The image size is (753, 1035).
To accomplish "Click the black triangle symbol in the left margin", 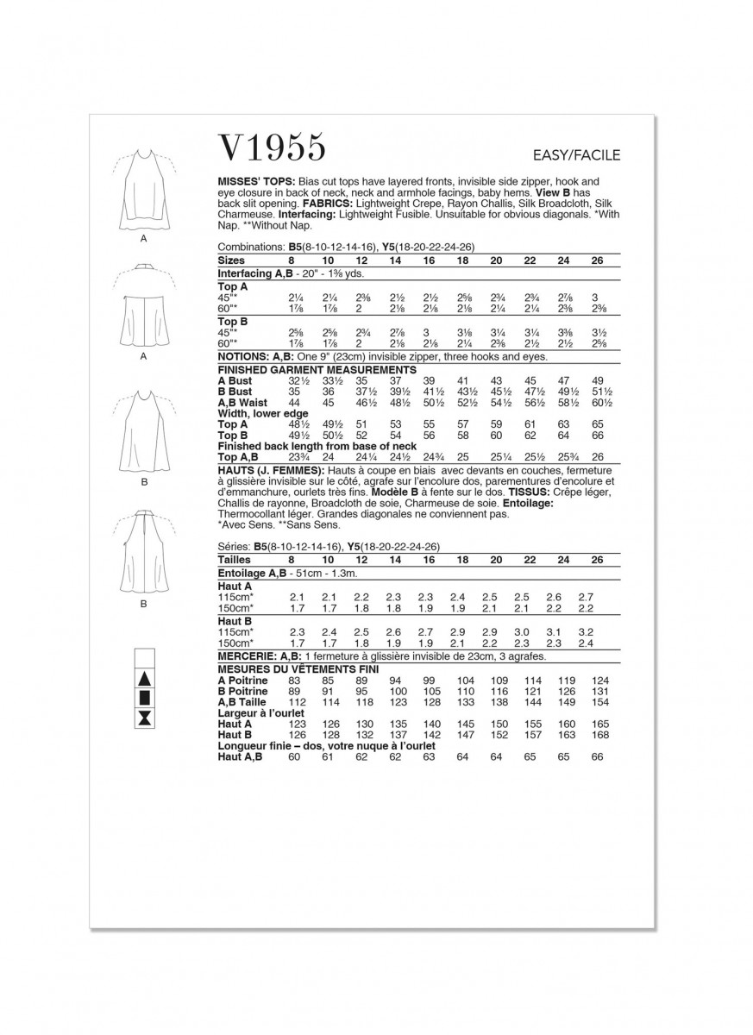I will pyautogui.click(x=145, y=678).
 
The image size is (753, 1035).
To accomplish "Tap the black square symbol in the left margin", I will pyautogui.click(x=145, y=698).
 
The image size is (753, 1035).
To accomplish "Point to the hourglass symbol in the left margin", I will pyautogui.click(x=145, y=718).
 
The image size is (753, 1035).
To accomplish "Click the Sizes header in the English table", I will pyautogui.click(x=232, y=260).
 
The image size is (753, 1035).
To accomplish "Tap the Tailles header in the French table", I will pyautogui.click(x=235, y=559).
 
